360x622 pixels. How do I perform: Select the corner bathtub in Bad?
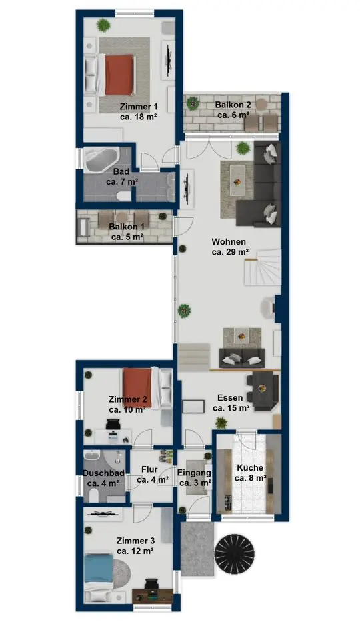101,159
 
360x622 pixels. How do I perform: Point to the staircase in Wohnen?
262,267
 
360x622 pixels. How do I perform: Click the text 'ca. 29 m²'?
231,251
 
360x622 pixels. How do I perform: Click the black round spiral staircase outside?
235,552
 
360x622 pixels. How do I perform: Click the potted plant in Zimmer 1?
103,25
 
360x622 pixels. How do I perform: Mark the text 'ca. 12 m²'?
135,551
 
